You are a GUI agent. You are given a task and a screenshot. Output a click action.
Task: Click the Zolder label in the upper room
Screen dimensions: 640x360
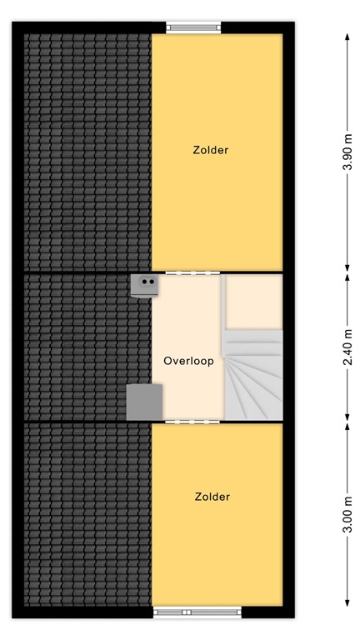(x=209, y=151)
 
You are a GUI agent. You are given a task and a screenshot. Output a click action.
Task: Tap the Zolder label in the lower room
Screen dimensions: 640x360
(x=212, y=497)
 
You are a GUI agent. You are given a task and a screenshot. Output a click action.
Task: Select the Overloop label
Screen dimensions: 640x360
(x=189, y=362)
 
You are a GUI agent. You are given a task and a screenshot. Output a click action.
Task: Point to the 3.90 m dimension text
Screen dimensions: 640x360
(x=347, y=153)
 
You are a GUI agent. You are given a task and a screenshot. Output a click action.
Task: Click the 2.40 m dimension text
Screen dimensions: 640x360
(x=347, y=348)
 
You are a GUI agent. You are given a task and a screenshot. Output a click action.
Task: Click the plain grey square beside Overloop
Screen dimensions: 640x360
(x=144, y=402)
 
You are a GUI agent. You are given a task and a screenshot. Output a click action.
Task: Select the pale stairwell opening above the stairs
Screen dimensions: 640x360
(x=254, y=301)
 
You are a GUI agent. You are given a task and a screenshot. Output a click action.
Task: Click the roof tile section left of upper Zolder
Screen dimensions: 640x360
(x=87, y=150)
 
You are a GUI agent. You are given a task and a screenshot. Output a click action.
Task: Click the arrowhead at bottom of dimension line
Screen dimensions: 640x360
(x=347, y=605)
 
